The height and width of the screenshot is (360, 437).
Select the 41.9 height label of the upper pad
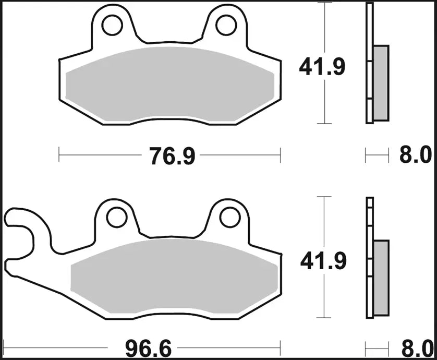322,67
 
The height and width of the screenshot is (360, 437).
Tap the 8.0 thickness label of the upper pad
415,155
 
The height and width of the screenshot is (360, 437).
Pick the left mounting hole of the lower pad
117,215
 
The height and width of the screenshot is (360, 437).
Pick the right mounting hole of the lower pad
227,215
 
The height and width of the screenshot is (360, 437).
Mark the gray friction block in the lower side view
382,277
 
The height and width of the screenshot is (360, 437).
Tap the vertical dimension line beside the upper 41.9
325,104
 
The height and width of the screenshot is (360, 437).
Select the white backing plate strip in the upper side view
370,63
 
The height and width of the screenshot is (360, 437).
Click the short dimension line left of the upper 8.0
377,154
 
